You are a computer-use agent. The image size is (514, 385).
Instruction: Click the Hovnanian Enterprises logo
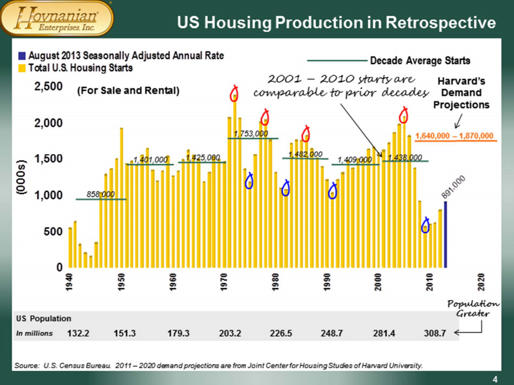[x=58, y=19]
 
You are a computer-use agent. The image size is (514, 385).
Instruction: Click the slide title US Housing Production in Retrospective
[x=336, y=23]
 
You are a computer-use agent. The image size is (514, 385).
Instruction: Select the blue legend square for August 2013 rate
[x=22, y=56]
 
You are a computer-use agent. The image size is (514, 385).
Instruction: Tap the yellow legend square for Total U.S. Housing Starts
[x=22, y=69]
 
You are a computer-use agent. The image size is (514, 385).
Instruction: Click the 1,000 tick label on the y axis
[x=48, y=195]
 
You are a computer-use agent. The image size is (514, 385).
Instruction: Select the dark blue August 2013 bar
[x=445, y=234]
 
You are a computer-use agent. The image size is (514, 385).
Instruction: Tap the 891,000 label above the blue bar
[x=452, y=187]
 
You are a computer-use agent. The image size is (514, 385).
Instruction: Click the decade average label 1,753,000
[x=251, y=133]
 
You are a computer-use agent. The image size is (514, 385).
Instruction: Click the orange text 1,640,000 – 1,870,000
[x=456, y=135]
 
